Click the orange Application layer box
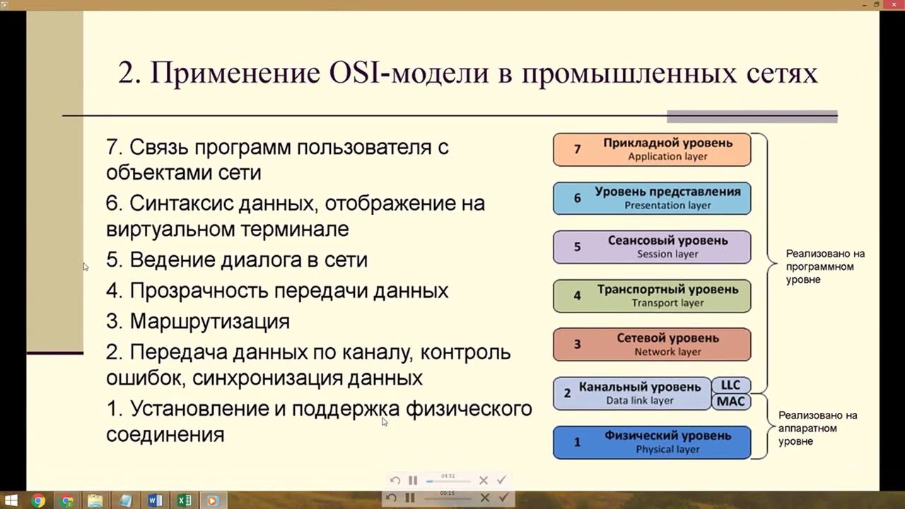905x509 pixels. [651, 149]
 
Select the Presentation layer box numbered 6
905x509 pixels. [651, 198]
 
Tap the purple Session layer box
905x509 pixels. [651, 247]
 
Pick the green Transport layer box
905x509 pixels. [651, 296]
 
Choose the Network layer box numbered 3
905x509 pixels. [651, 344]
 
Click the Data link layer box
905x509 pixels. [631, 393]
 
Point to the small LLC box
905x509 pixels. [730, 385]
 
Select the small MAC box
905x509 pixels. [730, 402]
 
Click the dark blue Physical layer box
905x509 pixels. [651, 442]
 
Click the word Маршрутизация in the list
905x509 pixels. [209, 321]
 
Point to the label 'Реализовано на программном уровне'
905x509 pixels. [824, 267]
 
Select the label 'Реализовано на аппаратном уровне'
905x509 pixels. [817, 428]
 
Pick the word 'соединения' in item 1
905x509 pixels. [165, 433]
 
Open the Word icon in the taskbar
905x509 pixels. [155, 501]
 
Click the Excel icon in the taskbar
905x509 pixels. [184, 501]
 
